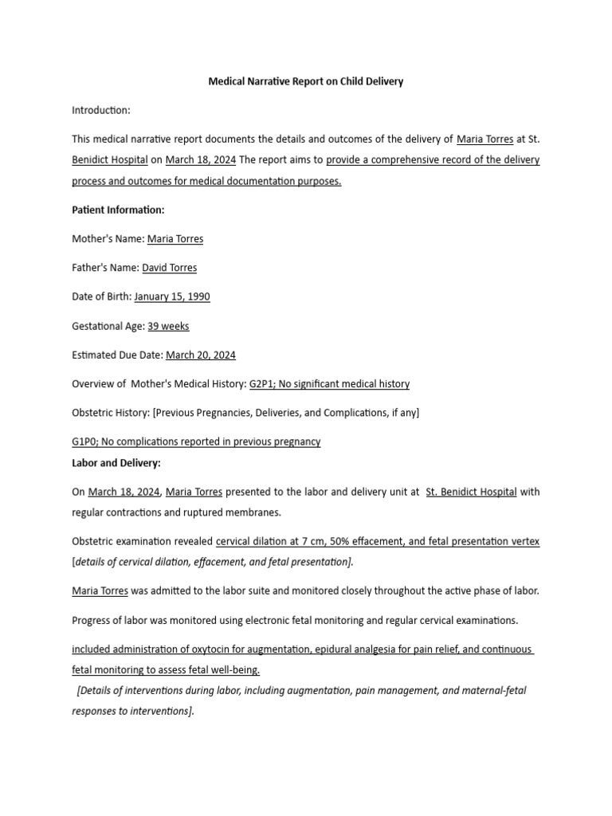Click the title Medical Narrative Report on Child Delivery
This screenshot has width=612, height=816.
[x=306, y=81]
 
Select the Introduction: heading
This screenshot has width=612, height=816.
[x=101, y=110]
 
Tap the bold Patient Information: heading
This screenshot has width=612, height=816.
[x=118, y=210]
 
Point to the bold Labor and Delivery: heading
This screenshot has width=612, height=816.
[x=116, y=462]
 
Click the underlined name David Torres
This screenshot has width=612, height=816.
[x=169, y=268]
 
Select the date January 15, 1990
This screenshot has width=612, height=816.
[x=172, y=296]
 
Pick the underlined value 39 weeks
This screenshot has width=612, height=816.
[x=168, y=326]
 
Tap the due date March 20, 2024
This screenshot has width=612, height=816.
[x=201, y=355]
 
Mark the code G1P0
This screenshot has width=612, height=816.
[x=84, y=441]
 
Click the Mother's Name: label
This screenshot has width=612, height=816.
[x=108, y=238]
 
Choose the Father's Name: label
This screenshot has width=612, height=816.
[x=105, y=268]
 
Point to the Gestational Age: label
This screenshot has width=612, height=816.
[x=108, y=326]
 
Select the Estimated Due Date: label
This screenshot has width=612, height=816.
[x=117, y=355]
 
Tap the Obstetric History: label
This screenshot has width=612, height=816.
[x=111, y=412]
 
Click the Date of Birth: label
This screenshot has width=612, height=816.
[x=101, y=296]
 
